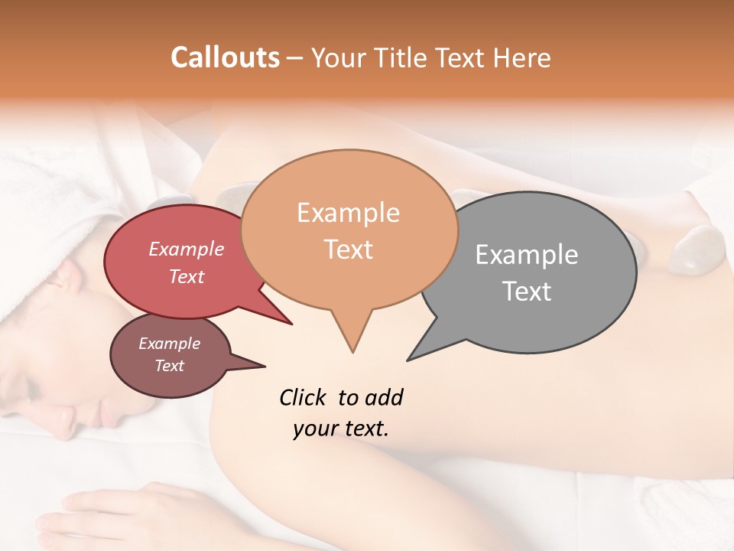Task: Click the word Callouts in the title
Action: click(225, 57)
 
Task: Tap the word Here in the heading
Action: click(521, 57)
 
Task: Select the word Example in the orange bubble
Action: click(348, 213)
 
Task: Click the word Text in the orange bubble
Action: click(348, 249)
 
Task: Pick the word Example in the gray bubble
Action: click(526, 255)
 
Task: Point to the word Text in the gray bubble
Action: click(526, 292)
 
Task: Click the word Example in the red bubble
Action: click(186, 249)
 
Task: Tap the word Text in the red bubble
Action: click(186, 276)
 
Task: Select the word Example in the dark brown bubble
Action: click(169, 344)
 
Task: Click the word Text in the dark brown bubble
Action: click(169, 366)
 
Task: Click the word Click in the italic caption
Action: click(303, 397)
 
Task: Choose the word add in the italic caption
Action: click(385, 397)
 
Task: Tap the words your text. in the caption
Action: click(340, 429)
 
